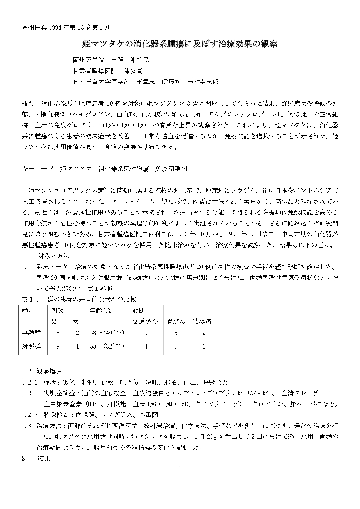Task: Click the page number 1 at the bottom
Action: (x=180, y=468)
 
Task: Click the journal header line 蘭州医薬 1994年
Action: (x=66, y=28)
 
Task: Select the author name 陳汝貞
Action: (x=133, y=71)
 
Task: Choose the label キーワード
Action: (x=38, y=169)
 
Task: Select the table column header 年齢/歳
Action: (x=101, y=311)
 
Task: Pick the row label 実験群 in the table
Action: (x=31, y=333)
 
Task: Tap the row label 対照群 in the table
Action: (x=31, y=346)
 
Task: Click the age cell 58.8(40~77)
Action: (x=107, y=333)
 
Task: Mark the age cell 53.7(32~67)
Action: (x=107, y=346)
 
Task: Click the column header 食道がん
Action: (x=145, y=321)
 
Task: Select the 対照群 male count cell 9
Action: (x=58, y=346)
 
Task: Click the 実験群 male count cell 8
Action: (x=58, y=333)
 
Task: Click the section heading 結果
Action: (x=44, y=459)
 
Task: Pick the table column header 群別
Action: (x=28, y=311)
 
